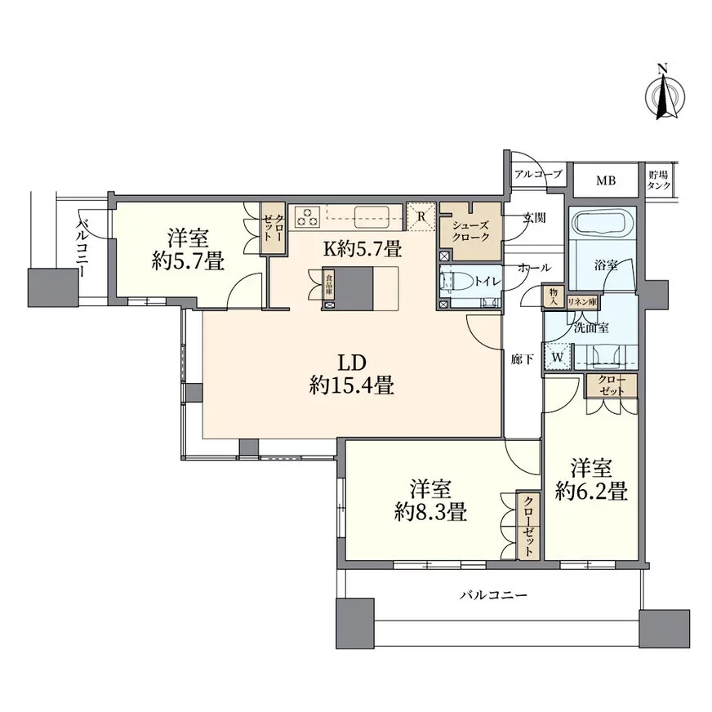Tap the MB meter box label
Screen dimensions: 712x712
(606, 180)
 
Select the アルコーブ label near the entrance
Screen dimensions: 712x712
(539, 173)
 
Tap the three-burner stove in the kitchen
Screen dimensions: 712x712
(308, 216)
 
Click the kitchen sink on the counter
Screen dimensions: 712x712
(372, 217)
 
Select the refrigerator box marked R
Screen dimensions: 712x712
(421, 216)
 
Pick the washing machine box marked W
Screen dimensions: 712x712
(558, 358)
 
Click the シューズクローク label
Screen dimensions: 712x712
(471, 231)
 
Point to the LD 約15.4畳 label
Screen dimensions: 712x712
(351, 374)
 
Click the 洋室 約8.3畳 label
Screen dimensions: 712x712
(431, 501)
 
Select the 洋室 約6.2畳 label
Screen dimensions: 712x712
(592, 479)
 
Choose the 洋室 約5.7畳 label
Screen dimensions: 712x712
(188, 249)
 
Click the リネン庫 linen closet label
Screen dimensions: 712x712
(582, 302)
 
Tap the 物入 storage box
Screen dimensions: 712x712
(554, 297)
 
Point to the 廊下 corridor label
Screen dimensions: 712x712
(522, 360)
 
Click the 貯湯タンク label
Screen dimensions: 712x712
(658, 180)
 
